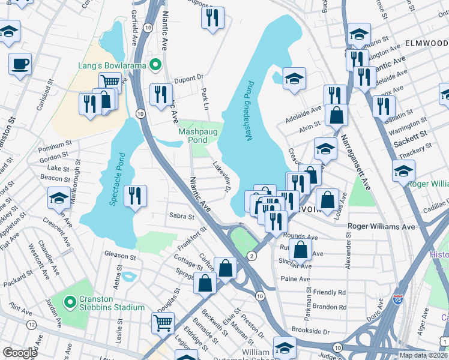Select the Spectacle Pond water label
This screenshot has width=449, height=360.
click(x=117, y=179)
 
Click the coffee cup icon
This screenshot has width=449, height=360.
click(x=20, y=63)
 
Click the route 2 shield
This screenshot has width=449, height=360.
click(x=252, y=256)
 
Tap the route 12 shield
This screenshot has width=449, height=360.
click(x=30, y=325)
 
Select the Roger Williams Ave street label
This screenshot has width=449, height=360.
click(x=382, y=227)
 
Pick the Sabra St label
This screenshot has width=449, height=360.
click(x=182, y=216)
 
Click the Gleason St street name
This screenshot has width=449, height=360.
click(x=121, y=256)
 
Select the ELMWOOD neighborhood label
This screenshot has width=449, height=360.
click(x=426, y=43)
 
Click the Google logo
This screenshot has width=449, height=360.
click(x=19, y=352)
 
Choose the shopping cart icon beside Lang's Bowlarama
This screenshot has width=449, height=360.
click(x=110, y=81)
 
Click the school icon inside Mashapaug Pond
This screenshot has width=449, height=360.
click(x=294, y=79)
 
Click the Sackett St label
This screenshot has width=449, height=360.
click(x=410, y=134)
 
